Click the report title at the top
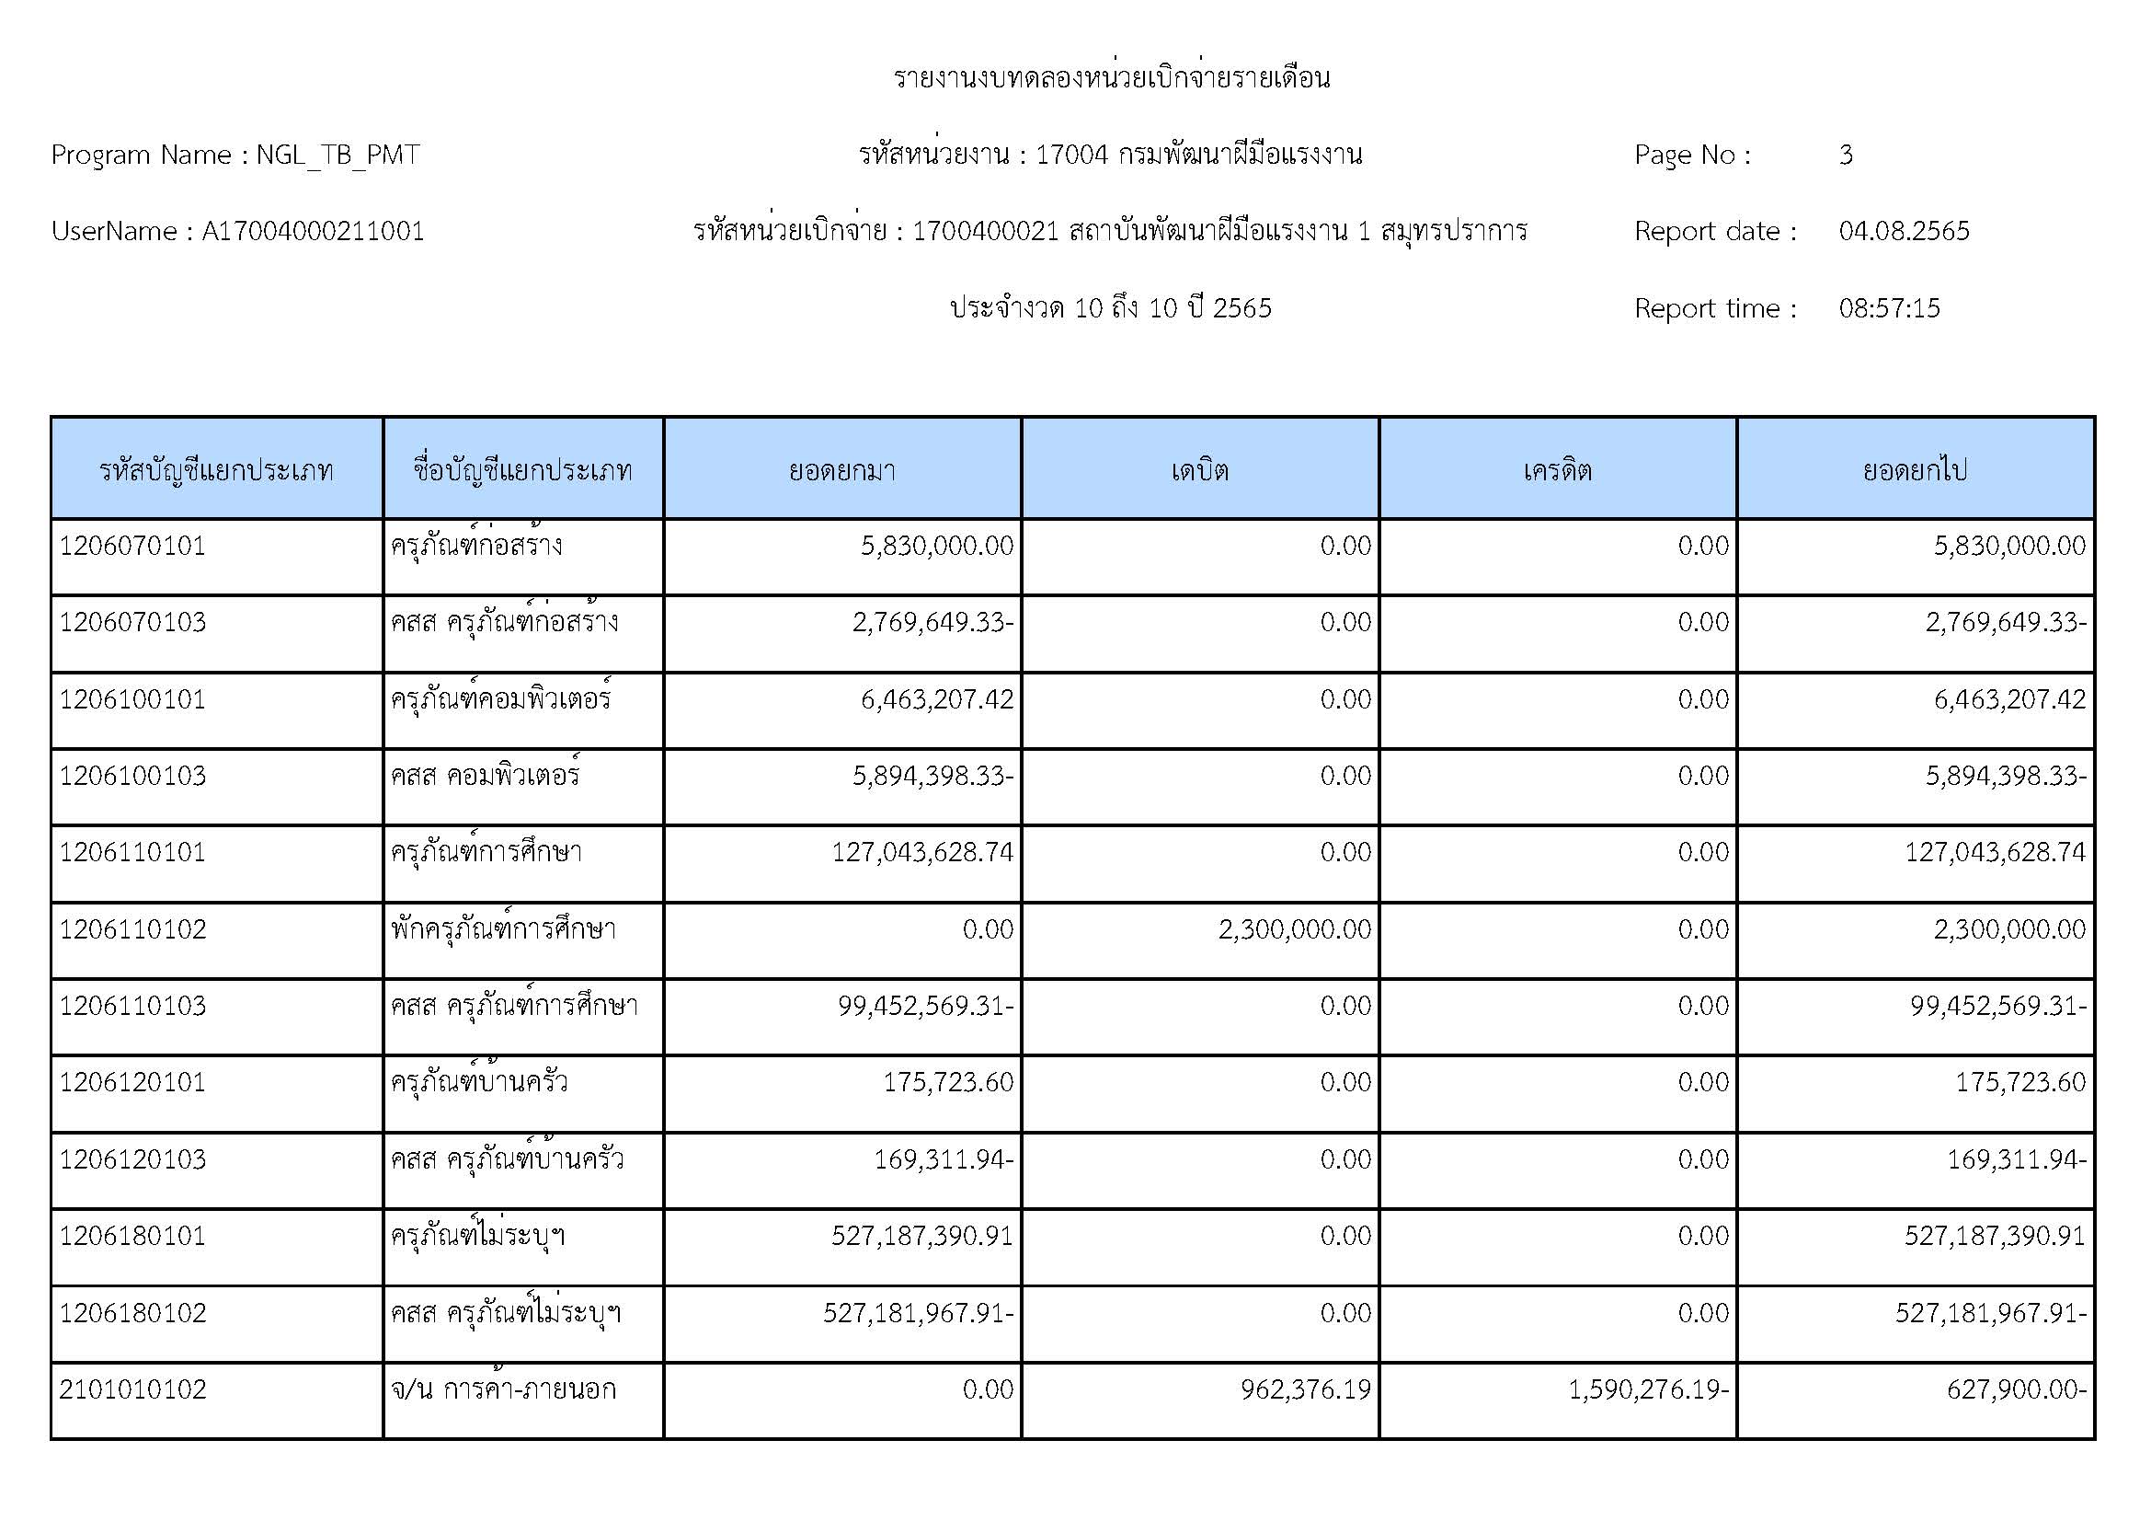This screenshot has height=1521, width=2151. pos(1111,78)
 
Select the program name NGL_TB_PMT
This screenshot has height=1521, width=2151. pos(338,155)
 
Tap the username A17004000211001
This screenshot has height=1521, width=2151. pos(313,232)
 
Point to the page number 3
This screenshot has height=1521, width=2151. pos(1846,155)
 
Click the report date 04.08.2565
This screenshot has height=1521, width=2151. pos(1904,232)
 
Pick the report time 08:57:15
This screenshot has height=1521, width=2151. pos(1889,308)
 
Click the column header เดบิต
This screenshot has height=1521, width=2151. pos(1199,469)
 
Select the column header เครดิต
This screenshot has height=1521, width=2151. pos(1557,469)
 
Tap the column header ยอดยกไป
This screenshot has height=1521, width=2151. pos(1915,469)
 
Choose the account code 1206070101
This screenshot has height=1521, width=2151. pos(132,547)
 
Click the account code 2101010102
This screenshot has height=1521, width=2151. pos(132,1389)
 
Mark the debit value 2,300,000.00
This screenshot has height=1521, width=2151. pos(1294,929)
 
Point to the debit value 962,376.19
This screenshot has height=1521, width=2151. pos(1305,1389)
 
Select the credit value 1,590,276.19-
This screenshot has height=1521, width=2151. pos(1648,1389)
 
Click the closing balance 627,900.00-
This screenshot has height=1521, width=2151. pos(2016,1389)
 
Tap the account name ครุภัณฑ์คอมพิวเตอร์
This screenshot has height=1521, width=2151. pos(500,700)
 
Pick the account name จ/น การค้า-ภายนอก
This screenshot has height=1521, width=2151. pos(503,1389)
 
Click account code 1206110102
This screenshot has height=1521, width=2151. pos(132,929)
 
